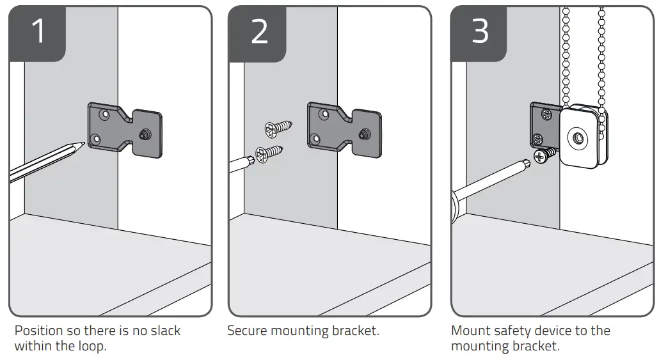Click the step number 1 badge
pyautogui.click(x=38, y=32)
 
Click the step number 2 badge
pyautogui.click(x=258, y=32)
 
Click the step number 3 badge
pyautogui.click(x=480, y=32)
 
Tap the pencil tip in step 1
pyautogui.click(x=83, y=145)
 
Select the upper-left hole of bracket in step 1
pyautogui.click(x=103, y=115)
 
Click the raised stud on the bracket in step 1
pyautogui.click(x=143, y=134)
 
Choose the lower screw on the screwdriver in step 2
pyautogui.click(x=269, y=153)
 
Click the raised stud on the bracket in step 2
pyautogui.click(x=364, y=134)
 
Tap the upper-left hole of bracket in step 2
pyautogui.click(x=324, y=115)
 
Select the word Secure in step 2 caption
pyautogui.click(x=246, y=331)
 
